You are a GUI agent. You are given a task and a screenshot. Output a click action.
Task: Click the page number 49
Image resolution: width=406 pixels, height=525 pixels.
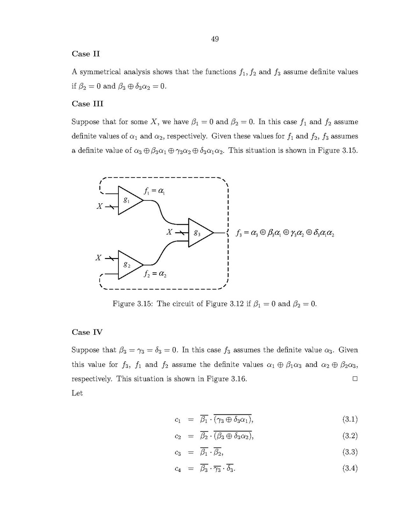[215, 39]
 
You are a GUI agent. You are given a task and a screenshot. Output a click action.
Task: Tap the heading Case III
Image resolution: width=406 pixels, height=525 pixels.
[88, 104]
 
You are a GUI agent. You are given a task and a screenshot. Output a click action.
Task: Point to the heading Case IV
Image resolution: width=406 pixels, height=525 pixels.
[87, 332]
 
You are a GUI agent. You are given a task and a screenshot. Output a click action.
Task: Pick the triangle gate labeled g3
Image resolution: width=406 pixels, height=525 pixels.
[199, 233]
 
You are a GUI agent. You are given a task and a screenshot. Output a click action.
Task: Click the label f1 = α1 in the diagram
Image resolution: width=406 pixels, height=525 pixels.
[154, 191]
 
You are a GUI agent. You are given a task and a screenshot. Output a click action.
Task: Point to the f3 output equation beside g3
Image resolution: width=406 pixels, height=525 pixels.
[285, 234]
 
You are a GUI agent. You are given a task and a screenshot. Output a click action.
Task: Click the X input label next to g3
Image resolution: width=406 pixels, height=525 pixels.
[170, 232]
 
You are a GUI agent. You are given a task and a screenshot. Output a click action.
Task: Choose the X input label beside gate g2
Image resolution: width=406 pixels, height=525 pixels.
[99, 258]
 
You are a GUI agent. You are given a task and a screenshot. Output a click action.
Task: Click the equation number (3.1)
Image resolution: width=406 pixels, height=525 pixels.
[350, 419]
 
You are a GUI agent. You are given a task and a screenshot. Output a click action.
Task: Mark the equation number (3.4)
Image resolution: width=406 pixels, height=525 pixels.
[350, 469]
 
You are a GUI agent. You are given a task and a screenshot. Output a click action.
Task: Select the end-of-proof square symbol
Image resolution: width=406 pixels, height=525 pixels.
[355, 379]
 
